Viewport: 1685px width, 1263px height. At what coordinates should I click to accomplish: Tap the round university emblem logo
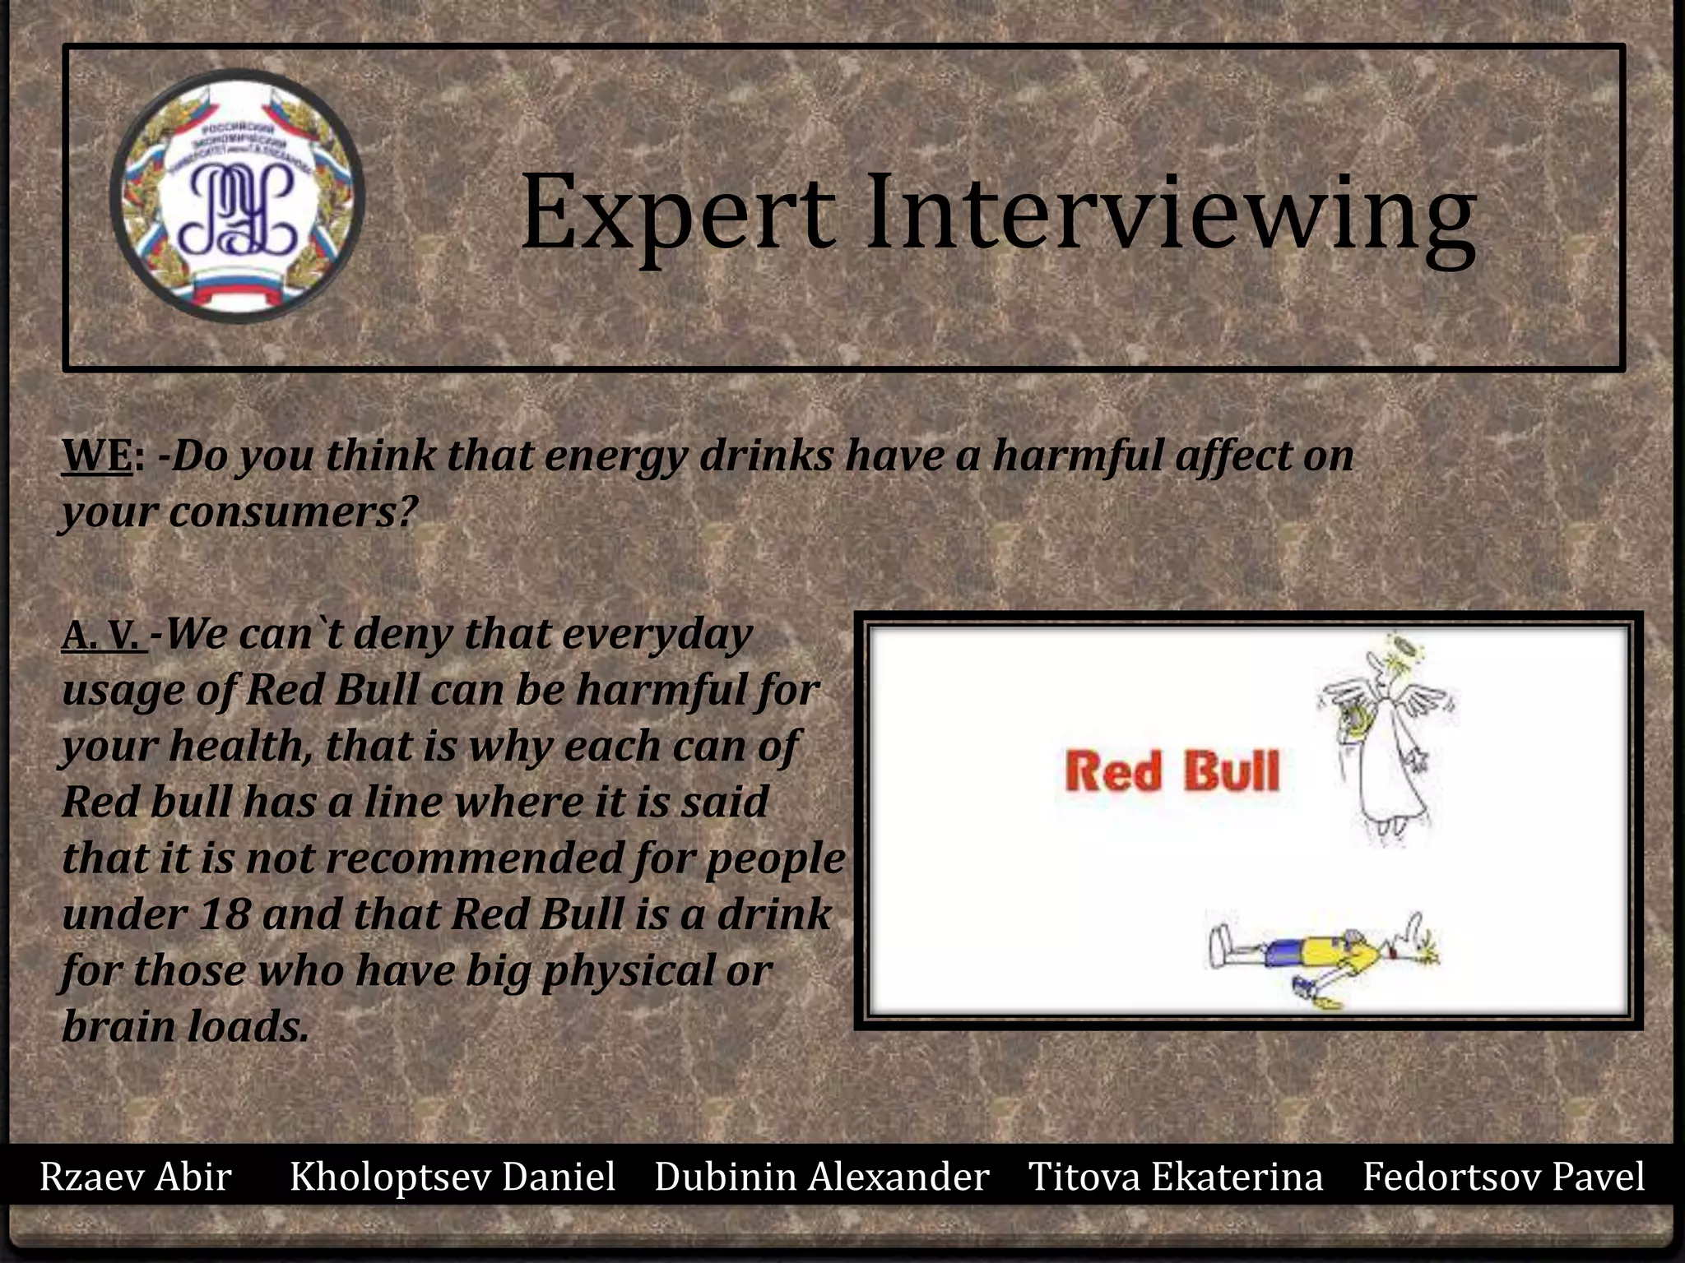tap(238, 196)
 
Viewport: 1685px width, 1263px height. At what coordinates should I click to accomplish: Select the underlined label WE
tap(97, 456)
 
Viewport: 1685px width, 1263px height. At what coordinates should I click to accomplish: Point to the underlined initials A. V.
tap(102, 636)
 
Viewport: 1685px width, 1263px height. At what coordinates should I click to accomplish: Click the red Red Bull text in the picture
tap(1172, 772)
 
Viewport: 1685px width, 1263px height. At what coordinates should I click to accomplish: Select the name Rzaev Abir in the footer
tap(136, 1177)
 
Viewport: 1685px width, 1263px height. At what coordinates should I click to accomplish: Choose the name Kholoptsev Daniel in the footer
tap(453, 1177)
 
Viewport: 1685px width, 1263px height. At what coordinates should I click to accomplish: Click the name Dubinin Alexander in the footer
tap(821, 1177)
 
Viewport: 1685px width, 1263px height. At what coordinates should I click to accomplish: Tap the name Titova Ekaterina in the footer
tap(1176, 1177)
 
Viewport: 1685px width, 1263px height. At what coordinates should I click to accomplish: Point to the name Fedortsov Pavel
tap(1503, 1177)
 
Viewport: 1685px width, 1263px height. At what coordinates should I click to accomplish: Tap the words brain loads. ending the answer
tap(185, 1027)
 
